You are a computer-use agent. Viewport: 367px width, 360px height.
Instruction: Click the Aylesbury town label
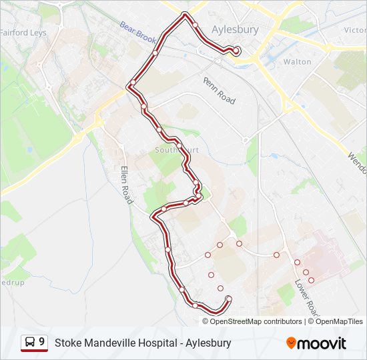pyautogui.click(x=234, y=29)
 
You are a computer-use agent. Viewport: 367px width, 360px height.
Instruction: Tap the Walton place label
pyautogui.click(x=297, y=61)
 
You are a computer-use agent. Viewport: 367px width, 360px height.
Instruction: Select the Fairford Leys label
pyautogui.click(x=23, y=32)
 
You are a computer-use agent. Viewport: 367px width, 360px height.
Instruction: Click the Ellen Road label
pyautogui.click(x=125, y=185)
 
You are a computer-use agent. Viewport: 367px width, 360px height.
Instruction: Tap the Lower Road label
pyautogui.click(x=304, y=297)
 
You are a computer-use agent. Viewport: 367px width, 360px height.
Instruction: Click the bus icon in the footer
pyautogui.click(x=30, y=343)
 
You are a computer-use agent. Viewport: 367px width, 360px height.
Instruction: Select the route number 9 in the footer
pyautogui.click(x=42, y=342)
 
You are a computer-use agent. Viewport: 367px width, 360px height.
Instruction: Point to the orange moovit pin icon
pyautogui.click(x=291, y=343)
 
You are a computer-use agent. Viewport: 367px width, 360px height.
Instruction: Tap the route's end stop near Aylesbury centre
pyautogui.click(x=236, y=50)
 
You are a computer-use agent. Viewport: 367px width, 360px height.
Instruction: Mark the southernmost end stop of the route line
pyautogui.click(x=229, y=298)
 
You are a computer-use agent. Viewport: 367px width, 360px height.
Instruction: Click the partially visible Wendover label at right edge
pyautogui.click(x=356, y=161)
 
